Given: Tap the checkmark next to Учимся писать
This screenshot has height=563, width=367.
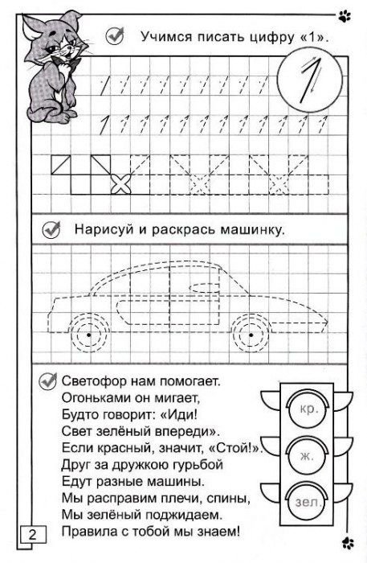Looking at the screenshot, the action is (x=113, y=35).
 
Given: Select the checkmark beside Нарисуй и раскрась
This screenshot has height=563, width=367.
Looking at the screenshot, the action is (x=53, y=229).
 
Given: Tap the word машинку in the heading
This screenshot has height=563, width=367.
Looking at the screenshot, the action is (x=250, y=229).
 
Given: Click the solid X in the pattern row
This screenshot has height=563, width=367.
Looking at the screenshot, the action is (x=120, y=184).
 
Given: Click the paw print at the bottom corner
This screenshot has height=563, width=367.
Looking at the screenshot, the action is (x=347, y=541).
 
